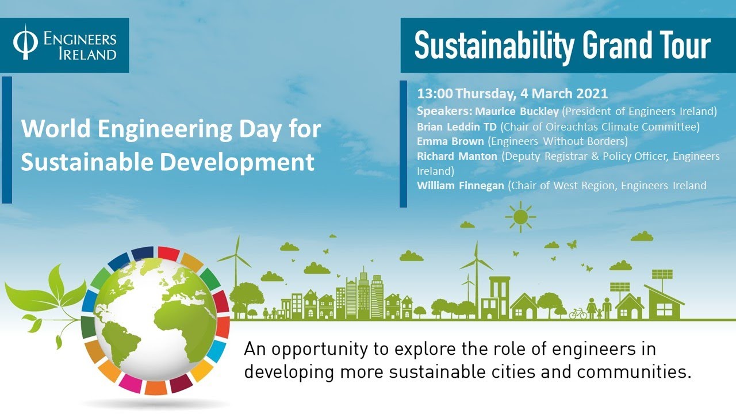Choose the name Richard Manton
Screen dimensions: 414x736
click(457, 156)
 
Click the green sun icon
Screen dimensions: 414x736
click(520, 217)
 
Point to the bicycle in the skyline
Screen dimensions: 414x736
click(578, 314)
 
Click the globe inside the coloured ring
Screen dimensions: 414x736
click(155, 322)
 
